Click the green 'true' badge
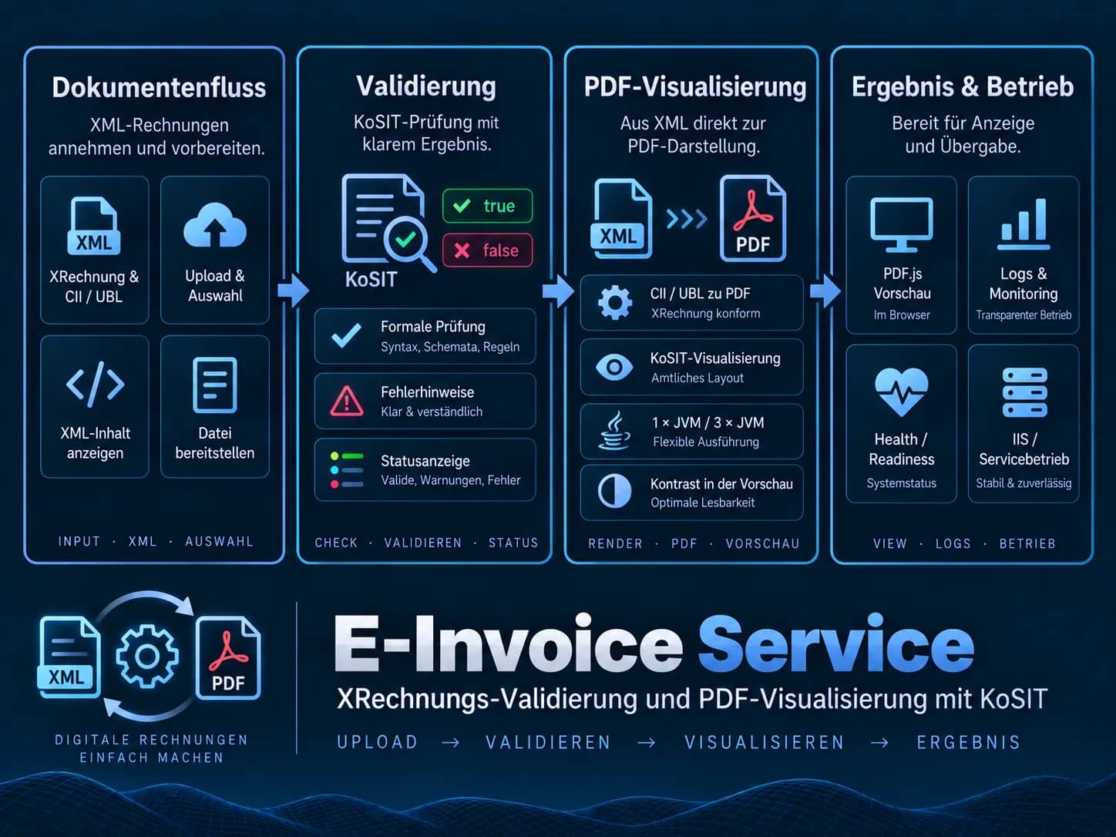(x=487, y=206)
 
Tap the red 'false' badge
(x=487, y=250)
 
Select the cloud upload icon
(x=214, y=225)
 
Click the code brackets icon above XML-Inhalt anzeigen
(x=95, y=384)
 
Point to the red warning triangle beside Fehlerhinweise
(x=347, y=401)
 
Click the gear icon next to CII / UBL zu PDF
(x=615, y=302)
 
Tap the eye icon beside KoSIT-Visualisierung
(x=614, y=367)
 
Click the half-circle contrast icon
(x=615, y=492)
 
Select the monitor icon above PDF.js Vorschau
(x=902, y=224)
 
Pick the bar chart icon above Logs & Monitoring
(x=1024, y=224)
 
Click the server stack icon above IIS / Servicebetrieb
(x=1024, y=392)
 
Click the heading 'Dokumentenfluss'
(x=159, y=87)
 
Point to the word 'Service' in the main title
(x=836, y=644)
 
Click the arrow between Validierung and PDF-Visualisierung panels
(x=558, y=291)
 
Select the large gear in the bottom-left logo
(x=147, y=656)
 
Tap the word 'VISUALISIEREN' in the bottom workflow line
(x=765, y=742)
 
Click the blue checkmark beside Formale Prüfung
(x=346, y=335)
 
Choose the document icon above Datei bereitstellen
(x=214, y=385)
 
